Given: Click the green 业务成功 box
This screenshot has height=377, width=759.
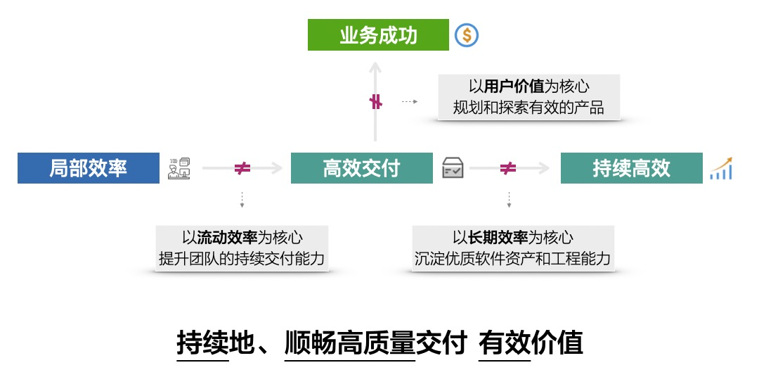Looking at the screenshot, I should (x=378, y=35).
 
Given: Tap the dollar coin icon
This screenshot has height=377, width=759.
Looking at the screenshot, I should (x=467, y=35).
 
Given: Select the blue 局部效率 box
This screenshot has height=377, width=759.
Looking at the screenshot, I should (x=89, y=168).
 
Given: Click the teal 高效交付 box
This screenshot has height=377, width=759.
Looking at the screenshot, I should (x=361, y=168).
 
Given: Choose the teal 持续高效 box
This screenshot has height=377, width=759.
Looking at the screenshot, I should (x=631, y=168).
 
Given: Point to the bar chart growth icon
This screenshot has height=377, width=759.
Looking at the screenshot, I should (x=721, y=169).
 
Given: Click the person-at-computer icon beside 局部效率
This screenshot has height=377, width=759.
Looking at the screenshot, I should (x=179, y=169).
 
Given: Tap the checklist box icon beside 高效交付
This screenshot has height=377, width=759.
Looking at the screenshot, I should (x=453, y=169).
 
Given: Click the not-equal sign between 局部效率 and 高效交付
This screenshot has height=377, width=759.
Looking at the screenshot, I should (x=242, y=169).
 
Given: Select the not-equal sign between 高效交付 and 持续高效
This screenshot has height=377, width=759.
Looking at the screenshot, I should (x=507, y=169).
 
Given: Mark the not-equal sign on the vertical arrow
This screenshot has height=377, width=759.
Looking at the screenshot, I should (x=376, y=102).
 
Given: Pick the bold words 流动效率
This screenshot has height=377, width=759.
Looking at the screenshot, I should (x=227, y=237).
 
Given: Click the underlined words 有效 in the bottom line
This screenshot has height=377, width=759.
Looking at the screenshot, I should (x=505, y=343).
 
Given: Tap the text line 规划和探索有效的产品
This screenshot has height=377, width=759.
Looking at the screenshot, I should (x=528, y=108).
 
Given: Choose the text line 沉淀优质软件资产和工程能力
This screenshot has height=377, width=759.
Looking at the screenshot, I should (x=512, y=258).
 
